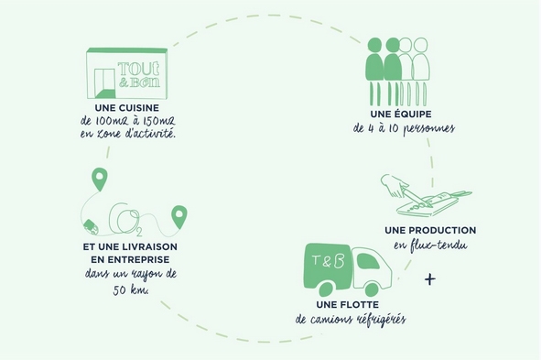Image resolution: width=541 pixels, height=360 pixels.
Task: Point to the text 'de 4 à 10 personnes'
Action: [x=404, y=129]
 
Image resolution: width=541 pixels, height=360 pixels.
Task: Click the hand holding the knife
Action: [x=397, y=187]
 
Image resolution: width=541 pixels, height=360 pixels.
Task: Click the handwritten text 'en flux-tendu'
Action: [x=430, y=245]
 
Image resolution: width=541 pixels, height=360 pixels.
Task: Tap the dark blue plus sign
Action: [x=430, y=278]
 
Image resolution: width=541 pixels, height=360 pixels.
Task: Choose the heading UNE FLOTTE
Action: [x=349, y=304]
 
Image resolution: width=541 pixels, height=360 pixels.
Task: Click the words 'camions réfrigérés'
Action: [x=362, y=320]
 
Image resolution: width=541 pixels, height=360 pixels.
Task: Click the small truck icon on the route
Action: [x=90, y=224]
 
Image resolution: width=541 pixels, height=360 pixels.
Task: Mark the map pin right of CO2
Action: [x=179, y=216]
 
